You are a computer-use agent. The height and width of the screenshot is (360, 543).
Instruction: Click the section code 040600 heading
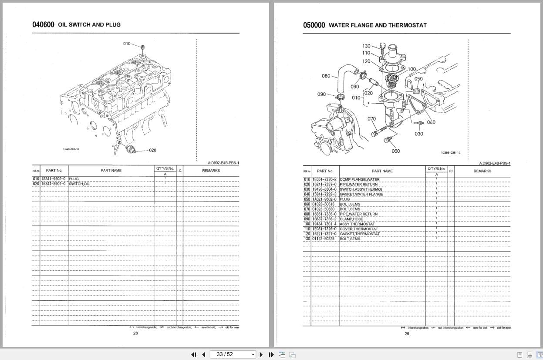[43, 25]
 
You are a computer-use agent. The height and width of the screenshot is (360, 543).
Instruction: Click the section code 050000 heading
[314, 25]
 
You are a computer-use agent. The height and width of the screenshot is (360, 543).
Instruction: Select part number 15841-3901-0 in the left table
[54, 184]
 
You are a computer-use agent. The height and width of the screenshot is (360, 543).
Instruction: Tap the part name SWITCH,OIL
[79, 184]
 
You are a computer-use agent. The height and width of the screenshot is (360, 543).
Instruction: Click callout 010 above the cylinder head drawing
[127, 44]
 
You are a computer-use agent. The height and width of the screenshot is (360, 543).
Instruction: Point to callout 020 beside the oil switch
[152, 150]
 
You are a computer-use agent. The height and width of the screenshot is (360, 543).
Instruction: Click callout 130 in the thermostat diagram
[366, 46]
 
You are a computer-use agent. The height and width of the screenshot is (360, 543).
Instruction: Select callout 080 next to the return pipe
[326, 76]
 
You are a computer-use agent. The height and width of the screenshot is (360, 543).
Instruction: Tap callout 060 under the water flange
[395, 151]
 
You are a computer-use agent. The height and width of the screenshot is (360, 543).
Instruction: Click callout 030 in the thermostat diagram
[418, 134]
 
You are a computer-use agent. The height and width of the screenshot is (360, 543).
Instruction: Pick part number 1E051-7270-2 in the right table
[324, 179]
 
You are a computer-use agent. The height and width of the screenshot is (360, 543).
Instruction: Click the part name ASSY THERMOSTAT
[357, 224]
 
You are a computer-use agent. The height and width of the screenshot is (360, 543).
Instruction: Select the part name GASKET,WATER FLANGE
[361, 194]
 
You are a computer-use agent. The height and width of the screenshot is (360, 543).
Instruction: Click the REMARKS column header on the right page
[482, 171]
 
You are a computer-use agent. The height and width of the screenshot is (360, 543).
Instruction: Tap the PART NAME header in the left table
[111, 171]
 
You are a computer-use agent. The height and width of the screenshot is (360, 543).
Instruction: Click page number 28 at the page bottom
[135, 333]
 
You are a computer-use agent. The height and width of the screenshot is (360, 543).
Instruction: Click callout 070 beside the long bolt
[371, 118]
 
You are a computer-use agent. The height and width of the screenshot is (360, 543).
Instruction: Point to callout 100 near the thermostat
[411, 69]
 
